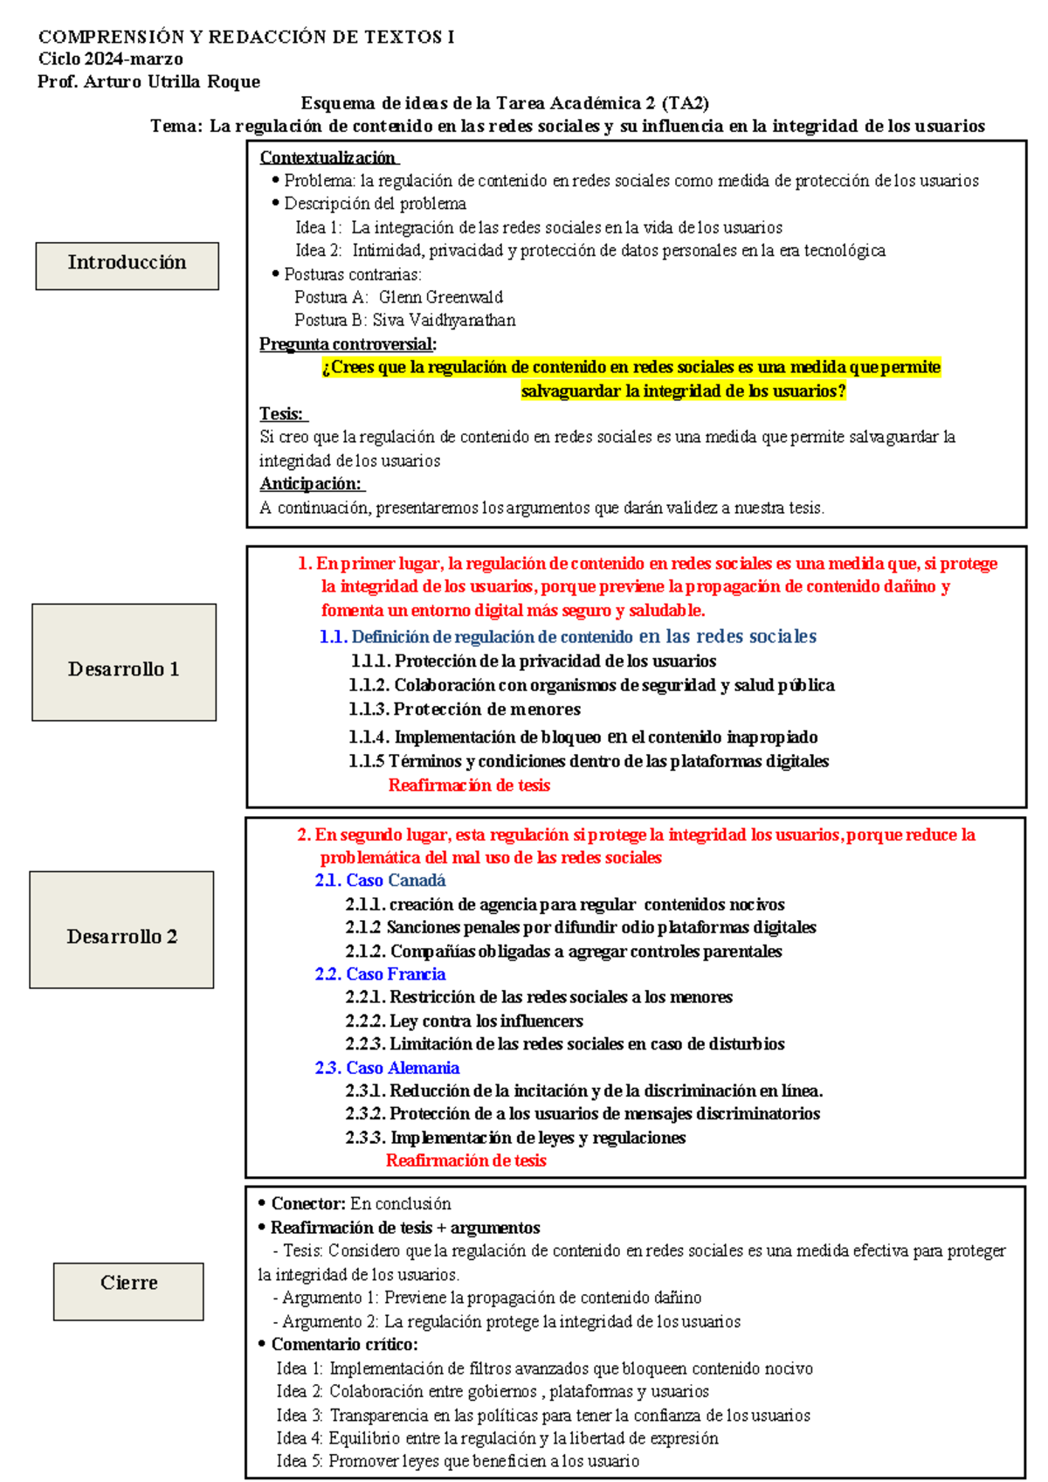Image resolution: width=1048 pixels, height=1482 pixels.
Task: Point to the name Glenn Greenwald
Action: pos(440,297)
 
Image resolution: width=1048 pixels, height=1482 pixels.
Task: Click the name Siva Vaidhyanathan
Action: pos(444,321)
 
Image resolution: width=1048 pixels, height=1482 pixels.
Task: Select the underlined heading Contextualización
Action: pos(327,157)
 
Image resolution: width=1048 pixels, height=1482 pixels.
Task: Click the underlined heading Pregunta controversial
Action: pos(347,344)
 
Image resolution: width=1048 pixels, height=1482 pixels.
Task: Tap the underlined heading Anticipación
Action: pos(310,484)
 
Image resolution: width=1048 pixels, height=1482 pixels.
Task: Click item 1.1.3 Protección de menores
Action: pos(465,710)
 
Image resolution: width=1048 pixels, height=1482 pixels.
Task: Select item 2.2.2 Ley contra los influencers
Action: pos(464,1021)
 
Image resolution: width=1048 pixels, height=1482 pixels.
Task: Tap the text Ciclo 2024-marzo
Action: pos(110,59)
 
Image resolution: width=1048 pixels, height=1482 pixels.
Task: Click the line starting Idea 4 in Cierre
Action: pos(497,1438)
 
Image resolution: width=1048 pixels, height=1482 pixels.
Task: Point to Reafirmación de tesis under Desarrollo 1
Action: pos(469,786)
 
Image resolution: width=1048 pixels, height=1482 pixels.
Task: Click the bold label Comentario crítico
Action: pos(344,1345)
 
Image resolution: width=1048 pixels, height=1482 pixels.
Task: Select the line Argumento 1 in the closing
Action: pos(490,1298)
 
